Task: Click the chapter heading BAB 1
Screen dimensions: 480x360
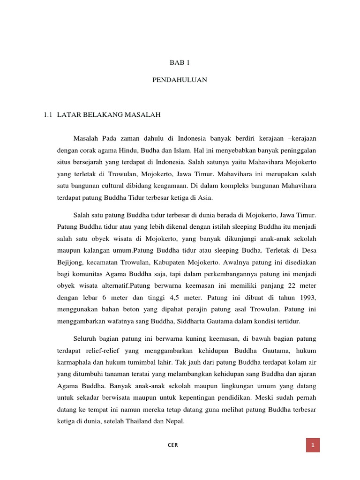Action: pos(180,62)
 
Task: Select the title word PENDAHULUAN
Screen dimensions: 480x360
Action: pos(180,80)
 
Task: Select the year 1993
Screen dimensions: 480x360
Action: pos(307,297)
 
